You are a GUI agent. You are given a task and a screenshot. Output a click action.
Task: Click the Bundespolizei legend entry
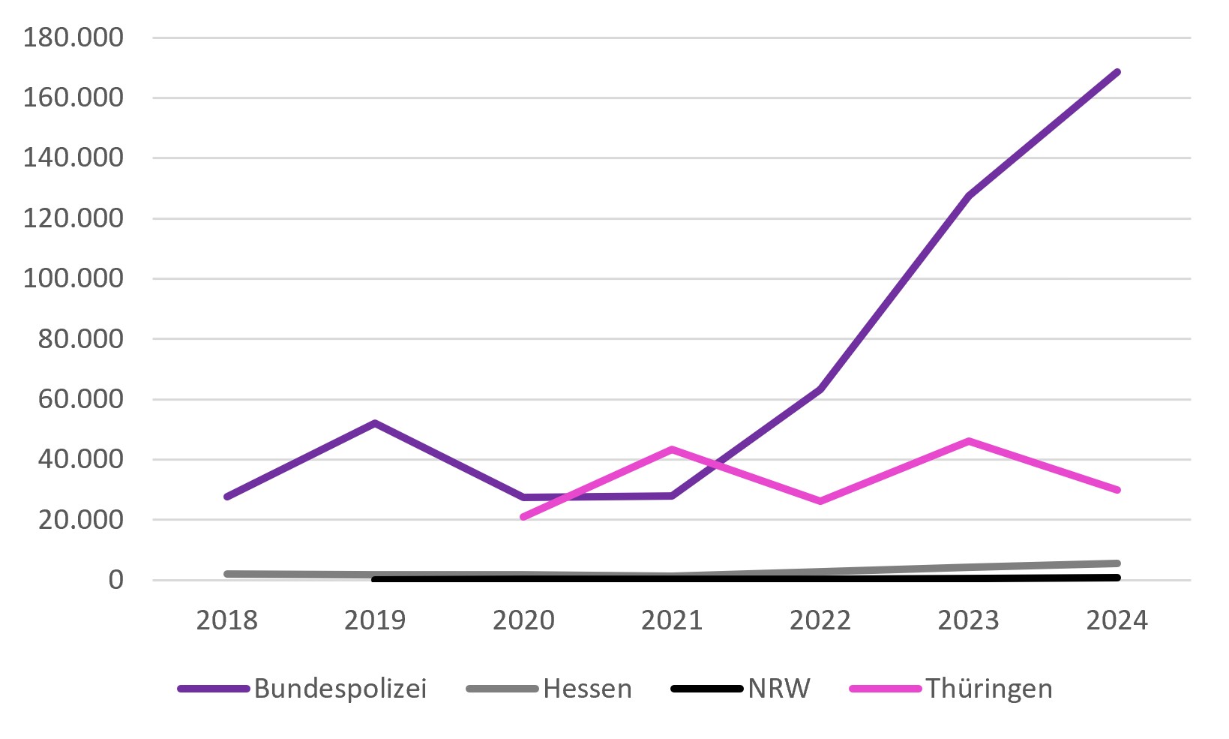(x=302, y=689)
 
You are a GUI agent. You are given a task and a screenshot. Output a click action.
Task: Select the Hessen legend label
(x=549, y=689)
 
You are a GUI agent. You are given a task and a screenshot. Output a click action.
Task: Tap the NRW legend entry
(x=740, y=689)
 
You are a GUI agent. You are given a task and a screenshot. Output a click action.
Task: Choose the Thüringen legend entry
(x=950, y=689)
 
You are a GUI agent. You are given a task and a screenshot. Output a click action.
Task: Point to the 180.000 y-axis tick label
(x=73, y=38)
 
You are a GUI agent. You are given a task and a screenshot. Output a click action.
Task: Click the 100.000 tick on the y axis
(x=73, y=278)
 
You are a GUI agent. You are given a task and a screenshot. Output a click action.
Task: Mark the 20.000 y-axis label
(x=81, y=519)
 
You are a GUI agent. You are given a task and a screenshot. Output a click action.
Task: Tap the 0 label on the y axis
(x=115, y=580)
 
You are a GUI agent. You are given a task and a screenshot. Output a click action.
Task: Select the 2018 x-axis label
(x=226, y=620)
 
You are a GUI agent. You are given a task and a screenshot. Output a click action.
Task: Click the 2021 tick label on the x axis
(x=672, y=620)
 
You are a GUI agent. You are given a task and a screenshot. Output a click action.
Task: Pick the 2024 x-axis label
(x=1117, y=620)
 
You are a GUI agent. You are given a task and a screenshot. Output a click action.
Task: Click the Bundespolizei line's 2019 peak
(x=375, y=422)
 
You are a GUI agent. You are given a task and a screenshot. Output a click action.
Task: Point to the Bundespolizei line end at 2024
(x=1117, y=72)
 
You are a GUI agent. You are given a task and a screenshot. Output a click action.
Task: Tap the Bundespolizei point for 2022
(x=820, y=389)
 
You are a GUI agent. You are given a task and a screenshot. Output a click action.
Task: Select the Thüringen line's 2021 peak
(x=672, y=449)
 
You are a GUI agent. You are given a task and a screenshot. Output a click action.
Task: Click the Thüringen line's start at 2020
(x=523, y=517)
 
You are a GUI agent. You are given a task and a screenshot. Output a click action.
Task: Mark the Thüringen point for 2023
(x=969, y=440)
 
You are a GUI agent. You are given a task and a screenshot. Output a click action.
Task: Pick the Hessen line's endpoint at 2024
(x=1117, y=563)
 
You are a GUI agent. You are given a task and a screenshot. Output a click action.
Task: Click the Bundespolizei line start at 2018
(x=226, y=497)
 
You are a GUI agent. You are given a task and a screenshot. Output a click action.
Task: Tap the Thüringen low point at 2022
(x=820, y=501)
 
